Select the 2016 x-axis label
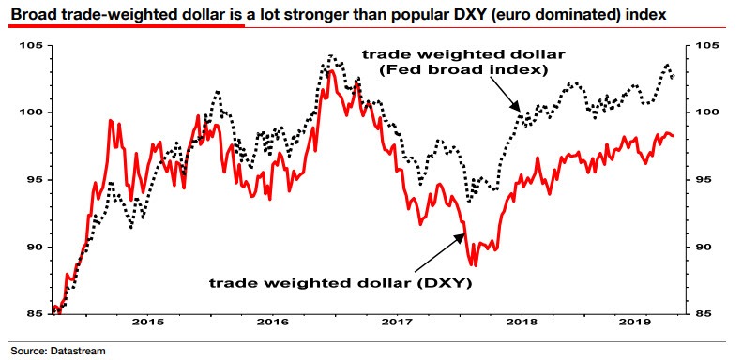point(272,322)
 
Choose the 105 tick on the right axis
point(705,46)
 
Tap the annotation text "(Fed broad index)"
point(482,69)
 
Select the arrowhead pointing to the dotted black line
point(517,110)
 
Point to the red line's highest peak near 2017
point(331,70)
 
